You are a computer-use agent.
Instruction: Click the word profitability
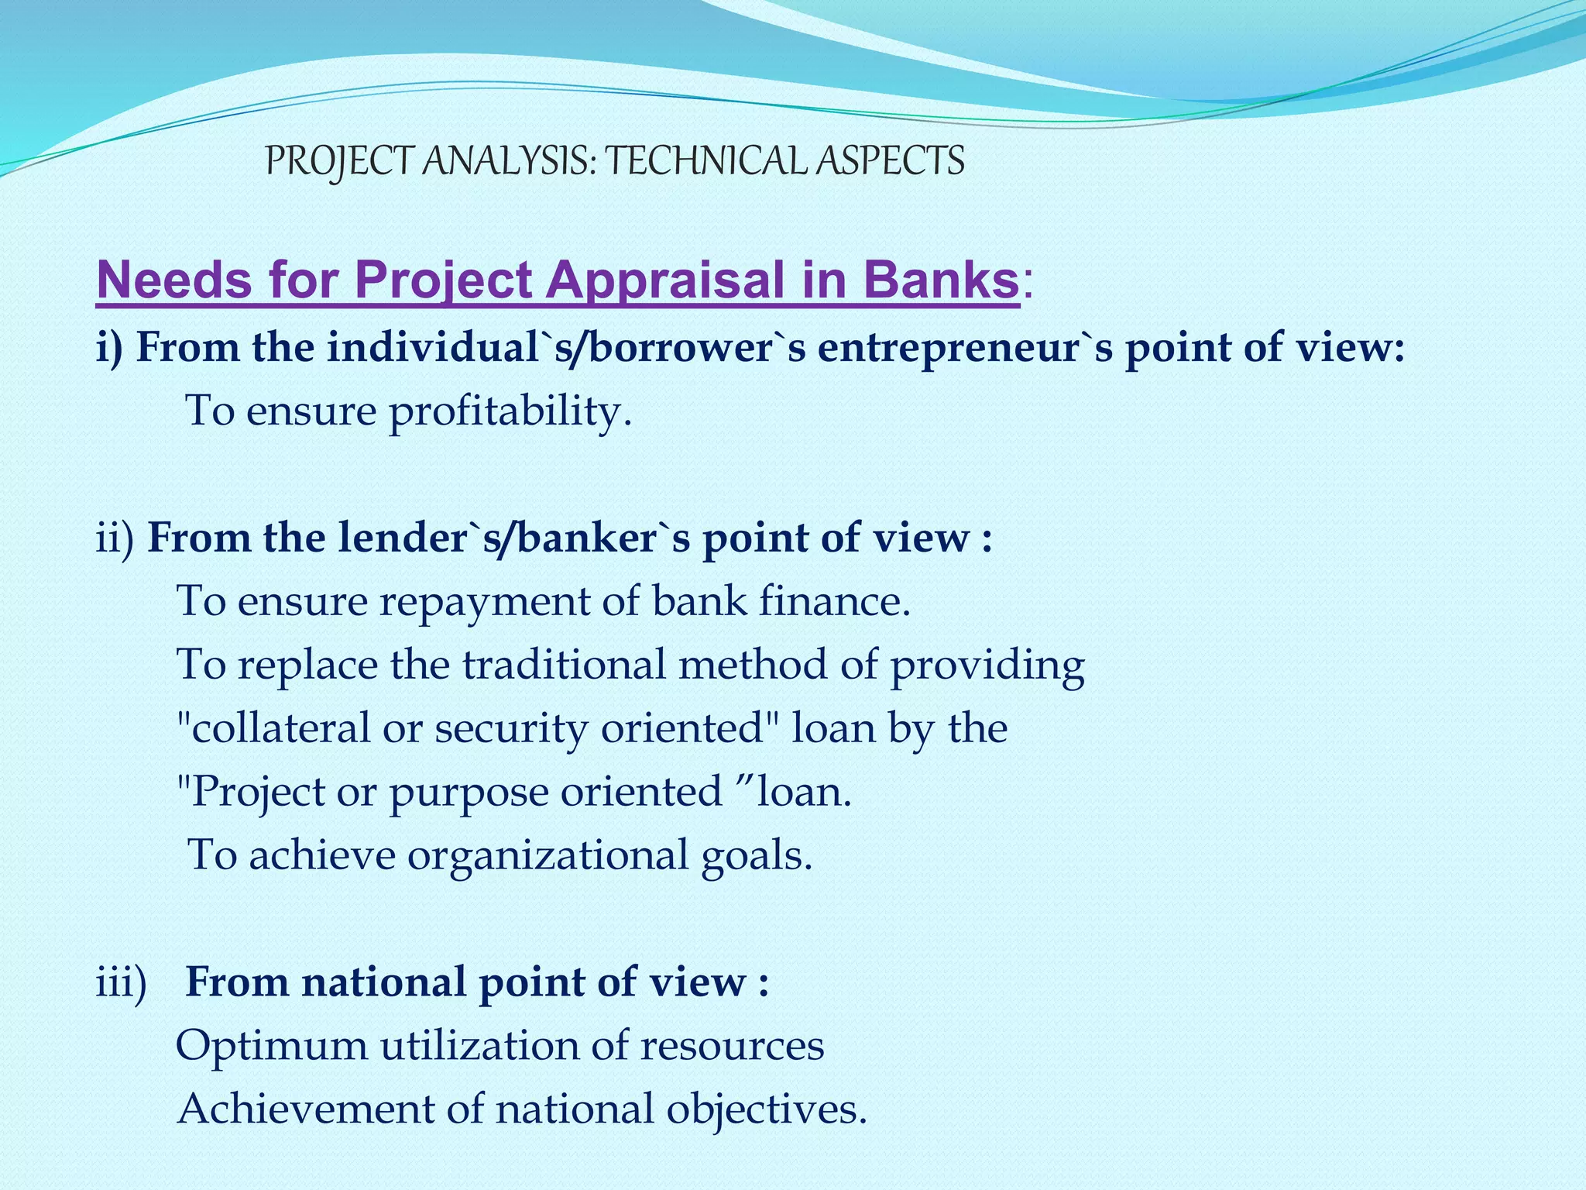pyautogui.click(x=510, y=411)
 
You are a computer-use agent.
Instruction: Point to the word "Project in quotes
pyautogui.click(x=250, y=793)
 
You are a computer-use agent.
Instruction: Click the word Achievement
pyautogui.click(x=306, y=1109)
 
